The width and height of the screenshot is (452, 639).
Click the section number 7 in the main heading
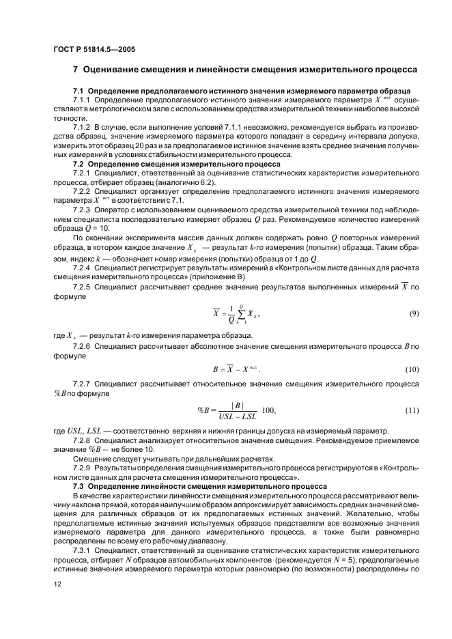click(x=75, y=70)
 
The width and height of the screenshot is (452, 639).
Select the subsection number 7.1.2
click(x=83, y=127)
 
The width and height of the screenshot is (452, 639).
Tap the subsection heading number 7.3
click(x=79, y=486)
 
